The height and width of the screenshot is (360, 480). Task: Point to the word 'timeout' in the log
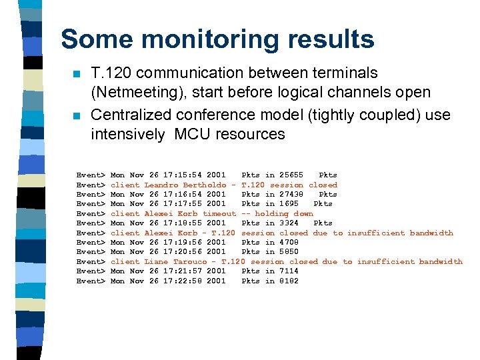[219, 213]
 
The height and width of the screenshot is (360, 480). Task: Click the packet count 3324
[289, 223]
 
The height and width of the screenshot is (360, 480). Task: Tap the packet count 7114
[289, 271]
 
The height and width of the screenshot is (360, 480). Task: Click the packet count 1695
[289, 203]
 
